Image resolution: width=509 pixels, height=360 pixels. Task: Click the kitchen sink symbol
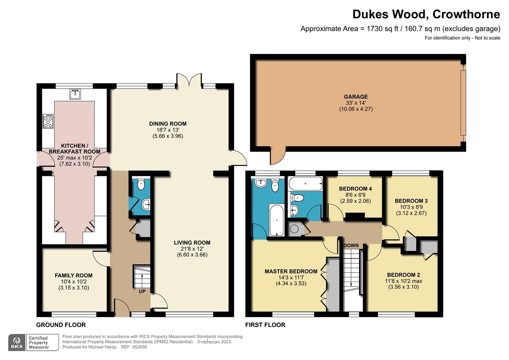[75, 94]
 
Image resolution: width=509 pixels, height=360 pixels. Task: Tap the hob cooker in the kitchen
[48, 121]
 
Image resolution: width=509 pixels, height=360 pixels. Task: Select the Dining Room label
[168, 124]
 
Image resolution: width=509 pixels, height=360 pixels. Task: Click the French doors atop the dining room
[189, 80]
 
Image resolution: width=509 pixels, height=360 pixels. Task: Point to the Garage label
[356, 97]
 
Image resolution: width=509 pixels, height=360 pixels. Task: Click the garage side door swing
[277, 156]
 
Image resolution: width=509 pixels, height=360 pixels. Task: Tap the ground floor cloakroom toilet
[141, 184]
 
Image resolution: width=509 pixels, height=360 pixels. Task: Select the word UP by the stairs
[142, 291]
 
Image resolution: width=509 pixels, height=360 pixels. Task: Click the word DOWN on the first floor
[351, 246]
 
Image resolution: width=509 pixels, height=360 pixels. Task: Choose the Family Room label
[74, 275]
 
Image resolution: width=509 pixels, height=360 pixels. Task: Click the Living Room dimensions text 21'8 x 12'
[192, 249]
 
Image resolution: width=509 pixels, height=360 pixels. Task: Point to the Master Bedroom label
[291, 271]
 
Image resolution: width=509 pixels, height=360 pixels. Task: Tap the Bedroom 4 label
[355, 189]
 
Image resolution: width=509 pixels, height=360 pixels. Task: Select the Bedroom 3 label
[411, 201]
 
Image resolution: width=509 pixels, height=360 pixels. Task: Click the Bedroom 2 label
[403, 275]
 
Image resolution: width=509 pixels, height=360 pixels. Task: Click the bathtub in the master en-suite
[276, 220]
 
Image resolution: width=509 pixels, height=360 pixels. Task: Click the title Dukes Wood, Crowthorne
[426, 14]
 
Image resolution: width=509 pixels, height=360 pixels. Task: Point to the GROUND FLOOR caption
[61, 325]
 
